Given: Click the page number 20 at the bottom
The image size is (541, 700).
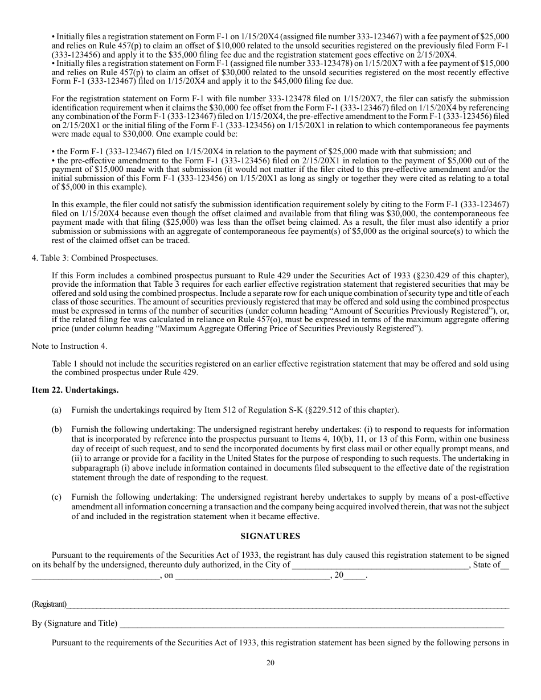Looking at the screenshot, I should pos(270,662).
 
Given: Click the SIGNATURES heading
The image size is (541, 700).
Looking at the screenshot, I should pos(270,536).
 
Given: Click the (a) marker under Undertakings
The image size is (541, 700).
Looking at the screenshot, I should pos(56,410).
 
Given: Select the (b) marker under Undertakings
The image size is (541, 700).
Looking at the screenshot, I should pos(56,429).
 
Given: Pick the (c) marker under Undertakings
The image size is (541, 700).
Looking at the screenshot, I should pos(56,497).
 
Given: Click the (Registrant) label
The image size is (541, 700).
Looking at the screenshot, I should pos(49,604).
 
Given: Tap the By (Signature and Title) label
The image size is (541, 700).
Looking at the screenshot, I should pos(75,624).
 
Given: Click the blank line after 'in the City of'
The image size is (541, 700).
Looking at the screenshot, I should pos(379,565).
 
